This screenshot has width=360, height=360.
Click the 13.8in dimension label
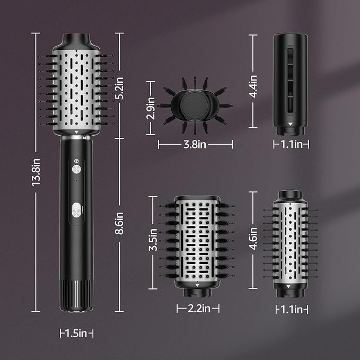36,172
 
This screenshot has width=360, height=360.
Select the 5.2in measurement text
119,89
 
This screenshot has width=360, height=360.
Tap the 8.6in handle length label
119,223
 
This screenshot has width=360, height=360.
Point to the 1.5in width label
76,333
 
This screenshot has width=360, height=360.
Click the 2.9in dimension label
151,108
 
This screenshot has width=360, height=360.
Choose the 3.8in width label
195,144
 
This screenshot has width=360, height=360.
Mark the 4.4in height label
253,86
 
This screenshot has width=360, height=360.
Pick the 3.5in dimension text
153,240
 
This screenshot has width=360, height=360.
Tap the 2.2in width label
199,309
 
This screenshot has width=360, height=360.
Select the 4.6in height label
253,239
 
